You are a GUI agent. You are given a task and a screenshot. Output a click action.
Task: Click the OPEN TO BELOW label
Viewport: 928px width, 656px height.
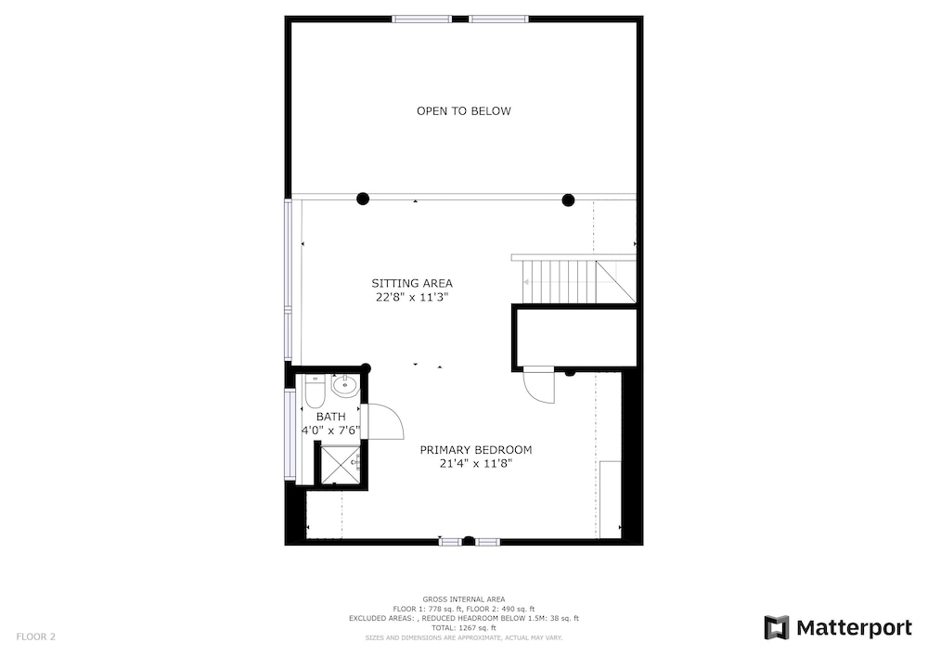click(x=463, y=111)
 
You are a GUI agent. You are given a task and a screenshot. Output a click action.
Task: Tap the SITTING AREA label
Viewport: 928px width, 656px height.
click(x=412, y=283)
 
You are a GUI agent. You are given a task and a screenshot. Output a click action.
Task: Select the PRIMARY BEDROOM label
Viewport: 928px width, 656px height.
click(x=476, y=450)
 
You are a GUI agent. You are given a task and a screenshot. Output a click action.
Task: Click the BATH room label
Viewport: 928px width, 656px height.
click(x=331, y=417)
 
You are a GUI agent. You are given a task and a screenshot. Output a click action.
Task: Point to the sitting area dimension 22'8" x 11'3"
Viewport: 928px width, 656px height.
click(x=412, y=297)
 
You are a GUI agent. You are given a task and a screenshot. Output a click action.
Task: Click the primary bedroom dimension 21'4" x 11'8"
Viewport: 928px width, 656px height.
click(x=476, y=464)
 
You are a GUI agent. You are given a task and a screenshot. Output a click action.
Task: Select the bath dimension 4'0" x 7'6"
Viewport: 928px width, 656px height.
click(x=331, y=430)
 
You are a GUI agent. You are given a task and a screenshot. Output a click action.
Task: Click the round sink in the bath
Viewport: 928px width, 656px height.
click(x=344, y=386)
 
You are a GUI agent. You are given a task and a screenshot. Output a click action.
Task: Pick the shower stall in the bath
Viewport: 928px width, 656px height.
click(x=341, y=464)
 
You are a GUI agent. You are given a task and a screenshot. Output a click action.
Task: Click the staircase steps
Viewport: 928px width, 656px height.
click(x=560, y=282)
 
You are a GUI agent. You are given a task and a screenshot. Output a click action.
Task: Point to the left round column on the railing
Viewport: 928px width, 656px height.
click(x=363, y=199)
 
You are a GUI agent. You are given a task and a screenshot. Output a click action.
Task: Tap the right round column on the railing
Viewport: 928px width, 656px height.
click(x=568, y=199)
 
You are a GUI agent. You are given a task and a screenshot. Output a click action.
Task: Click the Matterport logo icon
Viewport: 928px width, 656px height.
click(x=777, y=627)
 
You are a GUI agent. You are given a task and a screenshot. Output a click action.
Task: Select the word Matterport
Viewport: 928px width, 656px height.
click(x=854, y=627)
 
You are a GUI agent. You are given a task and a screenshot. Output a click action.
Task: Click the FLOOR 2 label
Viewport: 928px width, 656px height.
click(x=35, y=637)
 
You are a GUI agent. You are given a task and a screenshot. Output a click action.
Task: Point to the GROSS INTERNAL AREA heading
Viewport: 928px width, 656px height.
click(x=463, y=599)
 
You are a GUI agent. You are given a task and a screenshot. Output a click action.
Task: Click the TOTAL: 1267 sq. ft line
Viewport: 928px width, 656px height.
click(x=463, y=628)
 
